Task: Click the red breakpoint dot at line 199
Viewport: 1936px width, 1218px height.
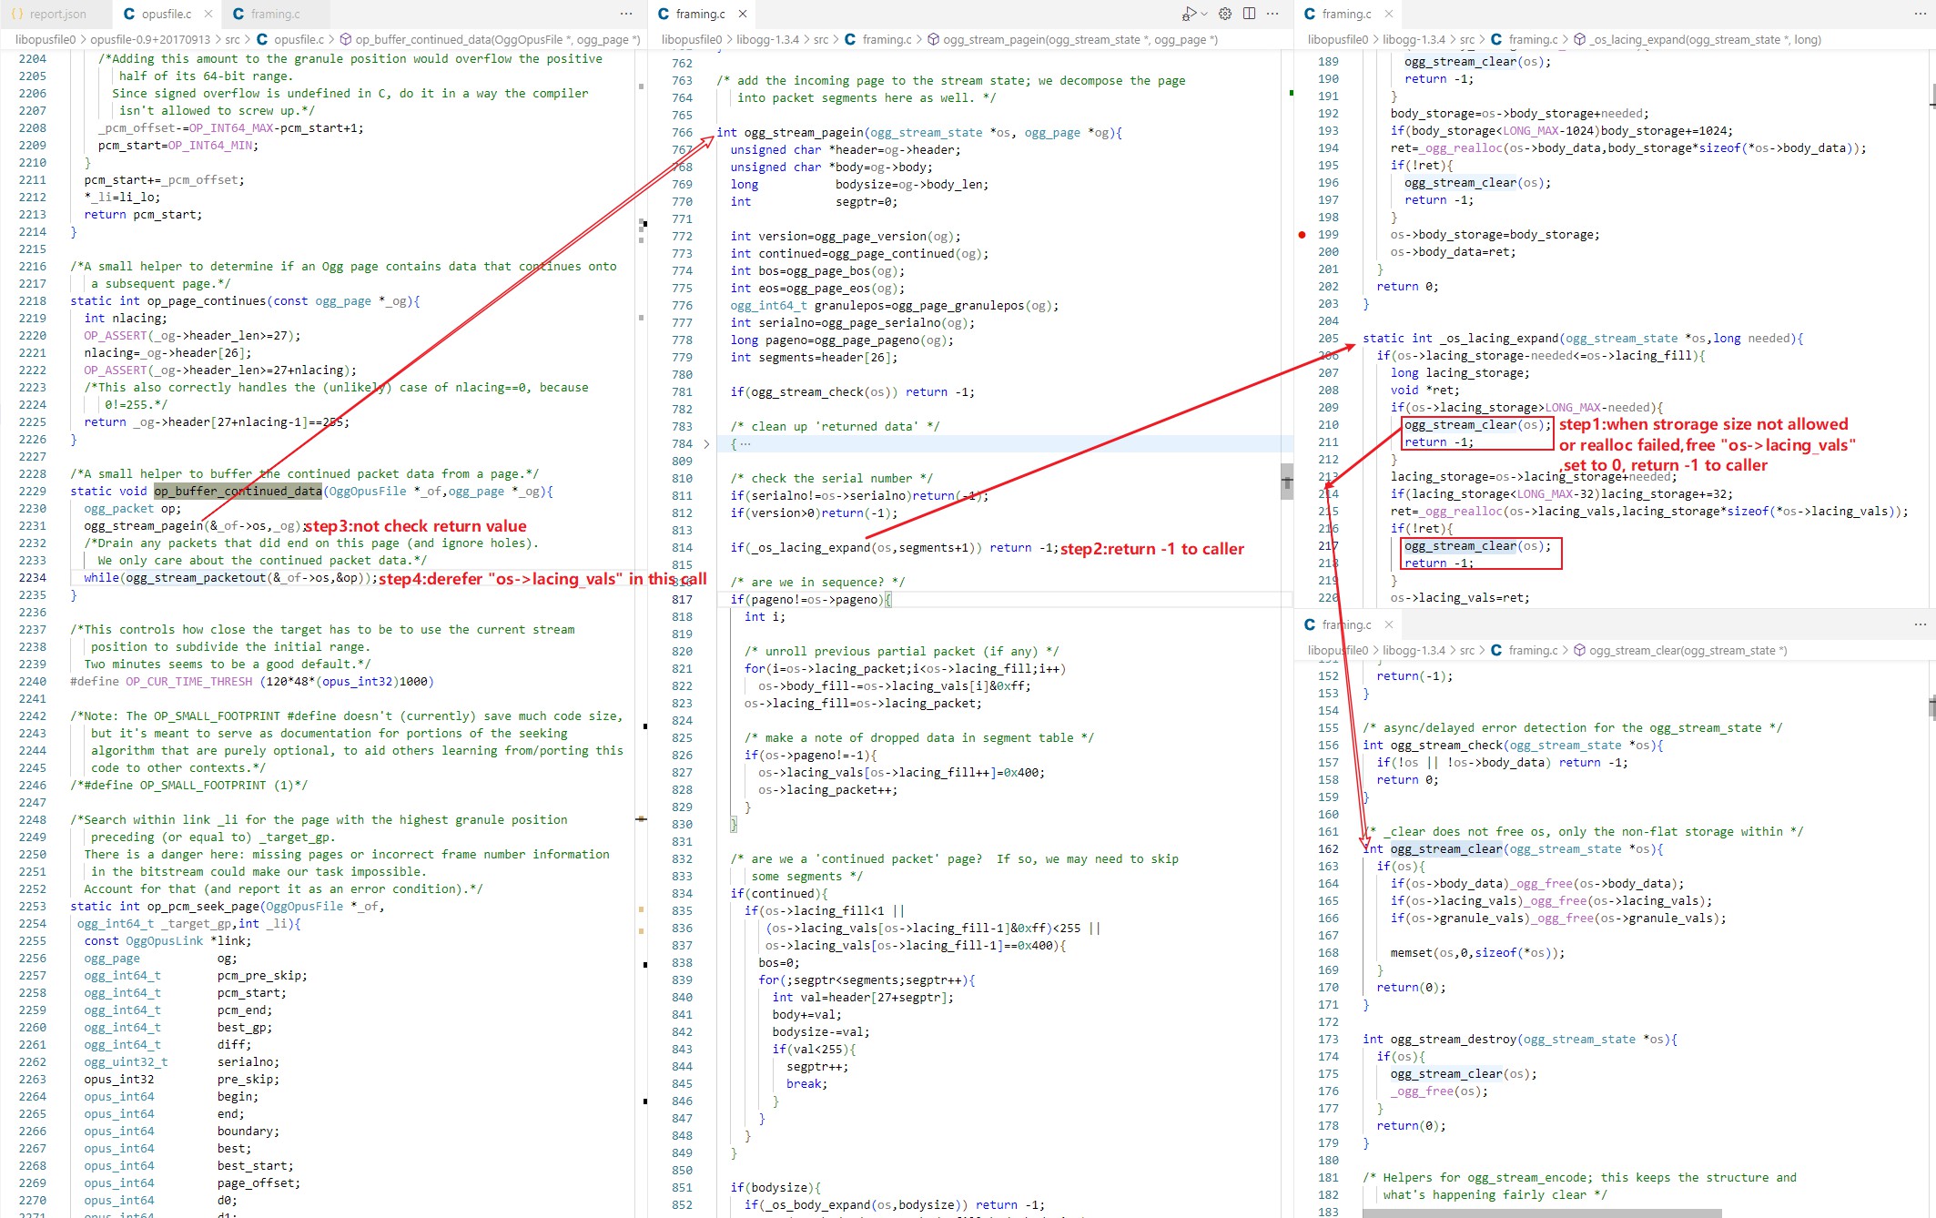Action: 1302,235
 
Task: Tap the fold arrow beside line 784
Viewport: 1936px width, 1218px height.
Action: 706,444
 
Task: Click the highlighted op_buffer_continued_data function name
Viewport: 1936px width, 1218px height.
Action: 238,492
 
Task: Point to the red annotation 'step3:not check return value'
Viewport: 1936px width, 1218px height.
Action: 415,526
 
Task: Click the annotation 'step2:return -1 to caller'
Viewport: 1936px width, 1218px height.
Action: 1151,549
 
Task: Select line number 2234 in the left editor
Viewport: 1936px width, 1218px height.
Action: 33,578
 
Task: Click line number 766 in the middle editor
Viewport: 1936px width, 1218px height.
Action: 682,133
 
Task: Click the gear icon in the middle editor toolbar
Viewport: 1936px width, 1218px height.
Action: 1225,14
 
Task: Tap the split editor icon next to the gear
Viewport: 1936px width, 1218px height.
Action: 1249,14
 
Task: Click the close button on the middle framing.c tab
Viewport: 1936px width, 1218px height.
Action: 743,14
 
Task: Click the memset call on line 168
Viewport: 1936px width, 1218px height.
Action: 1411,953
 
